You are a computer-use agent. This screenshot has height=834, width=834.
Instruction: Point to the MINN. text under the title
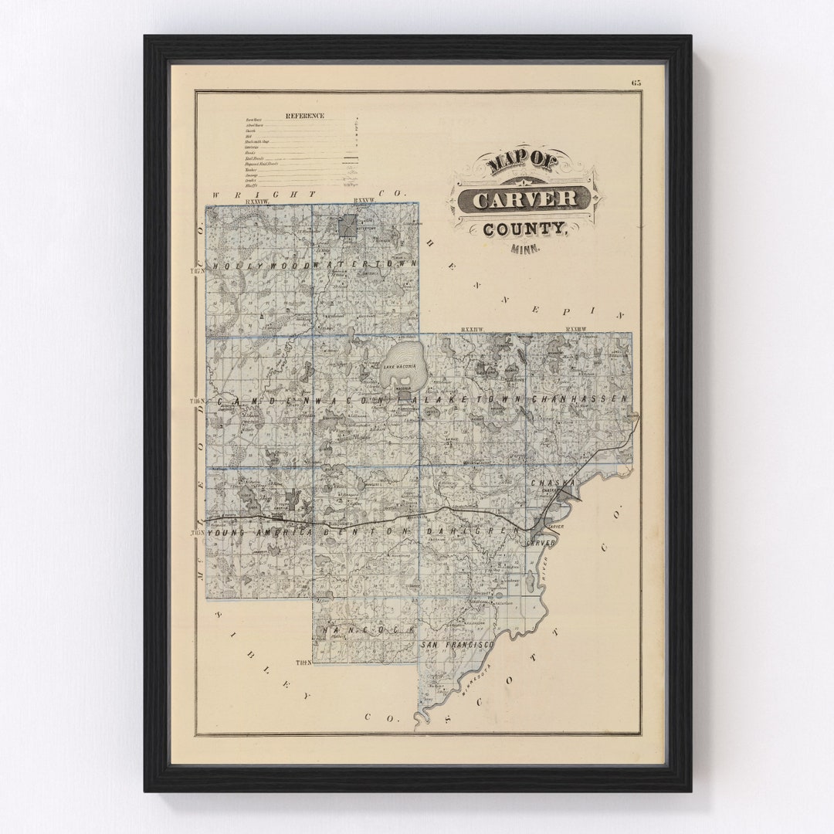pyautogui.click(x=526, y=249)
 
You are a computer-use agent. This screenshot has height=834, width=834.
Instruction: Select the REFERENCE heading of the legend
pyautogui.click(x=305, y=116)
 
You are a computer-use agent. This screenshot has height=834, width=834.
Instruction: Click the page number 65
pyautogui.click(x=636, y=83)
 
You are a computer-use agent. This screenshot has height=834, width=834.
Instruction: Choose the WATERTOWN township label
pyautogui.click(x=366, y=265)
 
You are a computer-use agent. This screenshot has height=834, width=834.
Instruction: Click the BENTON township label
pyautogui.click(x=367, y=533)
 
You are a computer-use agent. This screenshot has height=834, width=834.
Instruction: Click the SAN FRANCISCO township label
pyautogui.click(x=457, y=644)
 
